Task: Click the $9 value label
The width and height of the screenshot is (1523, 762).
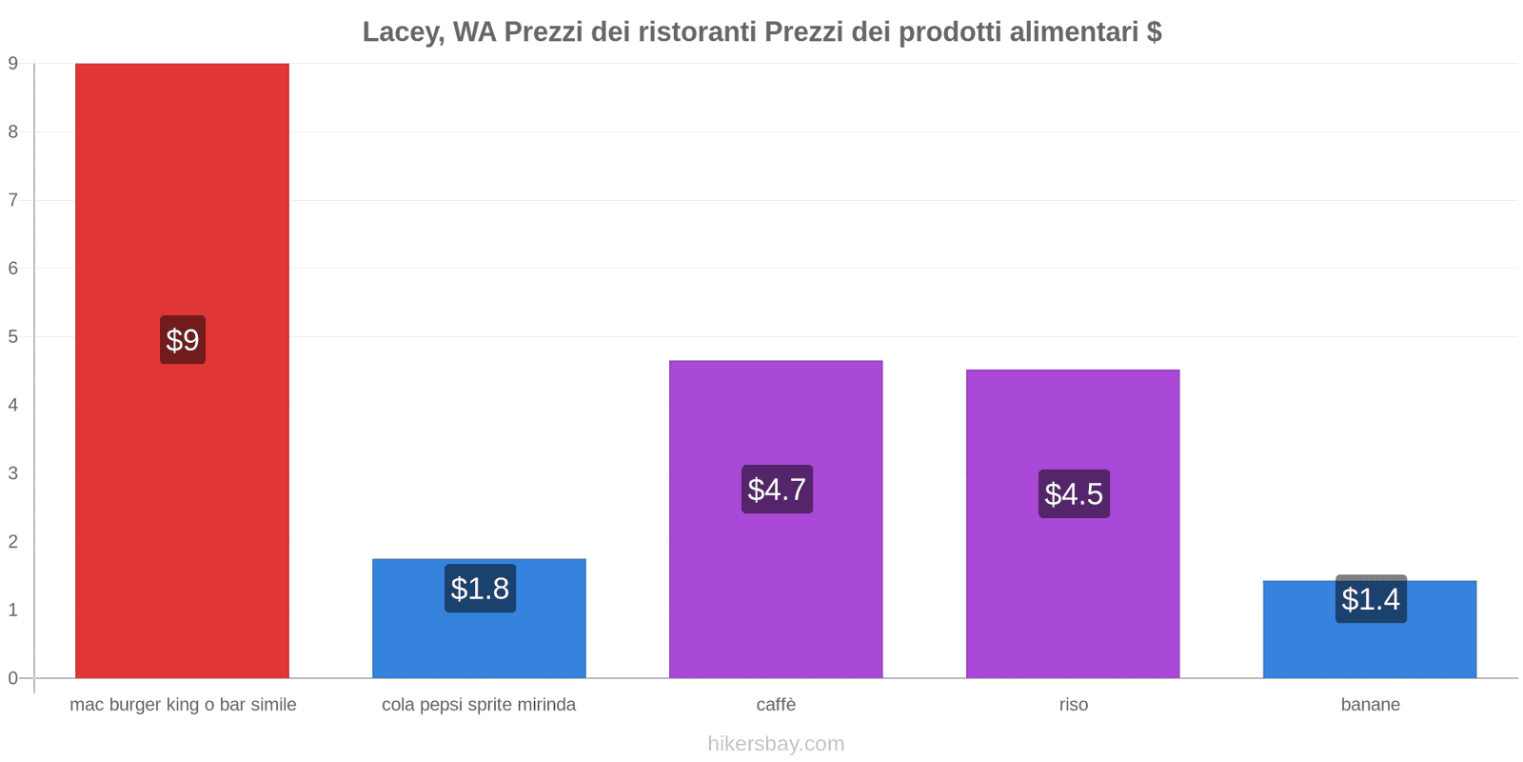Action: [x=183, y=340]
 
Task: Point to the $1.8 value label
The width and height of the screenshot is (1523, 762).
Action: [x=480, y=589]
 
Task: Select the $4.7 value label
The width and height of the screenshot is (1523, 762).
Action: [x=777, y=490]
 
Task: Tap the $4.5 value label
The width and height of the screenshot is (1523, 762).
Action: [x=1074, y=494]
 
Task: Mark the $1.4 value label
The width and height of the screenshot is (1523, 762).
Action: [x=1371, y=599]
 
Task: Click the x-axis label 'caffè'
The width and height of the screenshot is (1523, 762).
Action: [x=776, y=705]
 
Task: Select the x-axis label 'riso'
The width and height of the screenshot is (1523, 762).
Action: [x=1073, y=705]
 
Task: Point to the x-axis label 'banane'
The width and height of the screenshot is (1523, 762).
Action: [x=1370, y=705]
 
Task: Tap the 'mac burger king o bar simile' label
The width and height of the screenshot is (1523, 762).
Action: [x=183, y=705]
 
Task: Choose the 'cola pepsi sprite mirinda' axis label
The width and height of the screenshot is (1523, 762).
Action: [x=479, y=705]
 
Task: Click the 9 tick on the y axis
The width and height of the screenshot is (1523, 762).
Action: [x=13, y=64]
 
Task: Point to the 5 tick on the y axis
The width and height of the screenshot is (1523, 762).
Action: [x=13, y=337]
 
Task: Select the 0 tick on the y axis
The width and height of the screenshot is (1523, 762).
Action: [x=13, y=678]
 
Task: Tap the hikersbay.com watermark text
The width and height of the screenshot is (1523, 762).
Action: [x=776, y=744]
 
